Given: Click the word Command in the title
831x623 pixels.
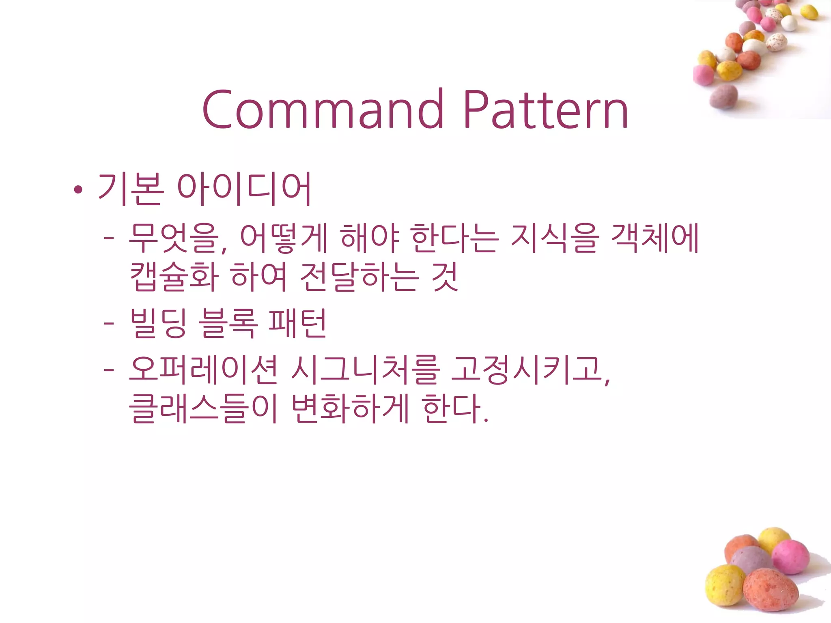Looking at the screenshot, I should [x=323, y=110].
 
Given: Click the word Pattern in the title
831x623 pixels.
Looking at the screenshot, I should [x=546, y=110].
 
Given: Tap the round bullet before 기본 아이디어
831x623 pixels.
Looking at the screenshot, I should [x=78, y=189].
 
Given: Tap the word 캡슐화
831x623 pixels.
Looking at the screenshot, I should [x=174, y=277].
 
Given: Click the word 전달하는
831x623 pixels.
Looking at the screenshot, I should [x=359, y=277].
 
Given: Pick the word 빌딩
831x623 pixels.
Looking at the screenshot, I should [x=158, y=323].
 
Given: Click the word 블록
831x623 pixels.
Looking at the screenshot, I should [x=228, y=323].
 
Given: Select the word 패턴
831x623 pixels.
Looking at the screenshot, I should [x=297, y=323].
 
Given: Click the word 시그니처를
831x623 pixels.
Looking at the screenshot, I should [x=366, y=370].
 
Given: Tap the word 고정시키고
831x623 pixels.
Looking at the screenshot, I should [x=527, y=370].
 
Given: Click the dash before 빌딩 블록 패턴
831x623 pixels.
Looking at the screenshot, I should [x=109, y=324].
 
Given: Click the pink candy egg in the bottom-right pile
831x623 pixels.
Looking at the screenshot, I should [x=790, y=557].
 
